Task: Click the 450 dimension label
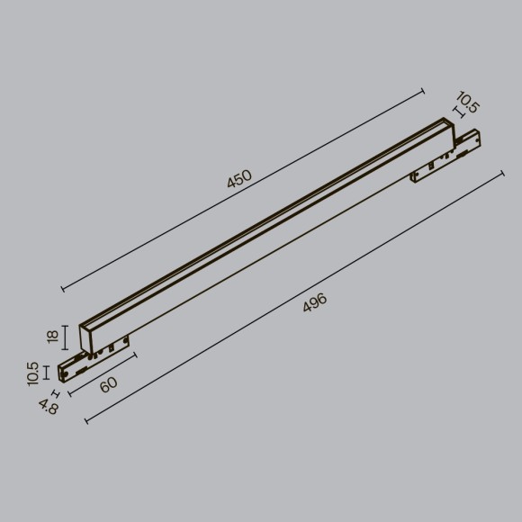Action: (x=239, y=178)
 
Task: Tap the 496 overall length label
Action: (x=314, y=303)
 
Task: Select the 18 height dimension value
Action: (x=52, y=337)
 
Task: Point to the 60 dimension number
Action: (x=108, y=385)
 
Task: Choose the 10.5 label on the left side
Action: (x=33, y=373)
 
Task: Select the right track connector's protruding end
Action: (x=475, y=141)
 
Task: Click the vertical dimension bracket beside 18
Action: (x=66, y=337)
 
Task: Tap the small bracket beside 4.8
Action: (x=57, y=393)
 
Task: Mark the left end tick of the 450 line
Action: (x=62, y=289)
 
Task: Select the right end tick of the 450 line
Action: (x=423, y=90)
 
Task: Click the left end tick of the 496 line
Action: (x=86, y=421)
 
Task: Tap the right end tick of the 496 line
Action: (x=501, y=173)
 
